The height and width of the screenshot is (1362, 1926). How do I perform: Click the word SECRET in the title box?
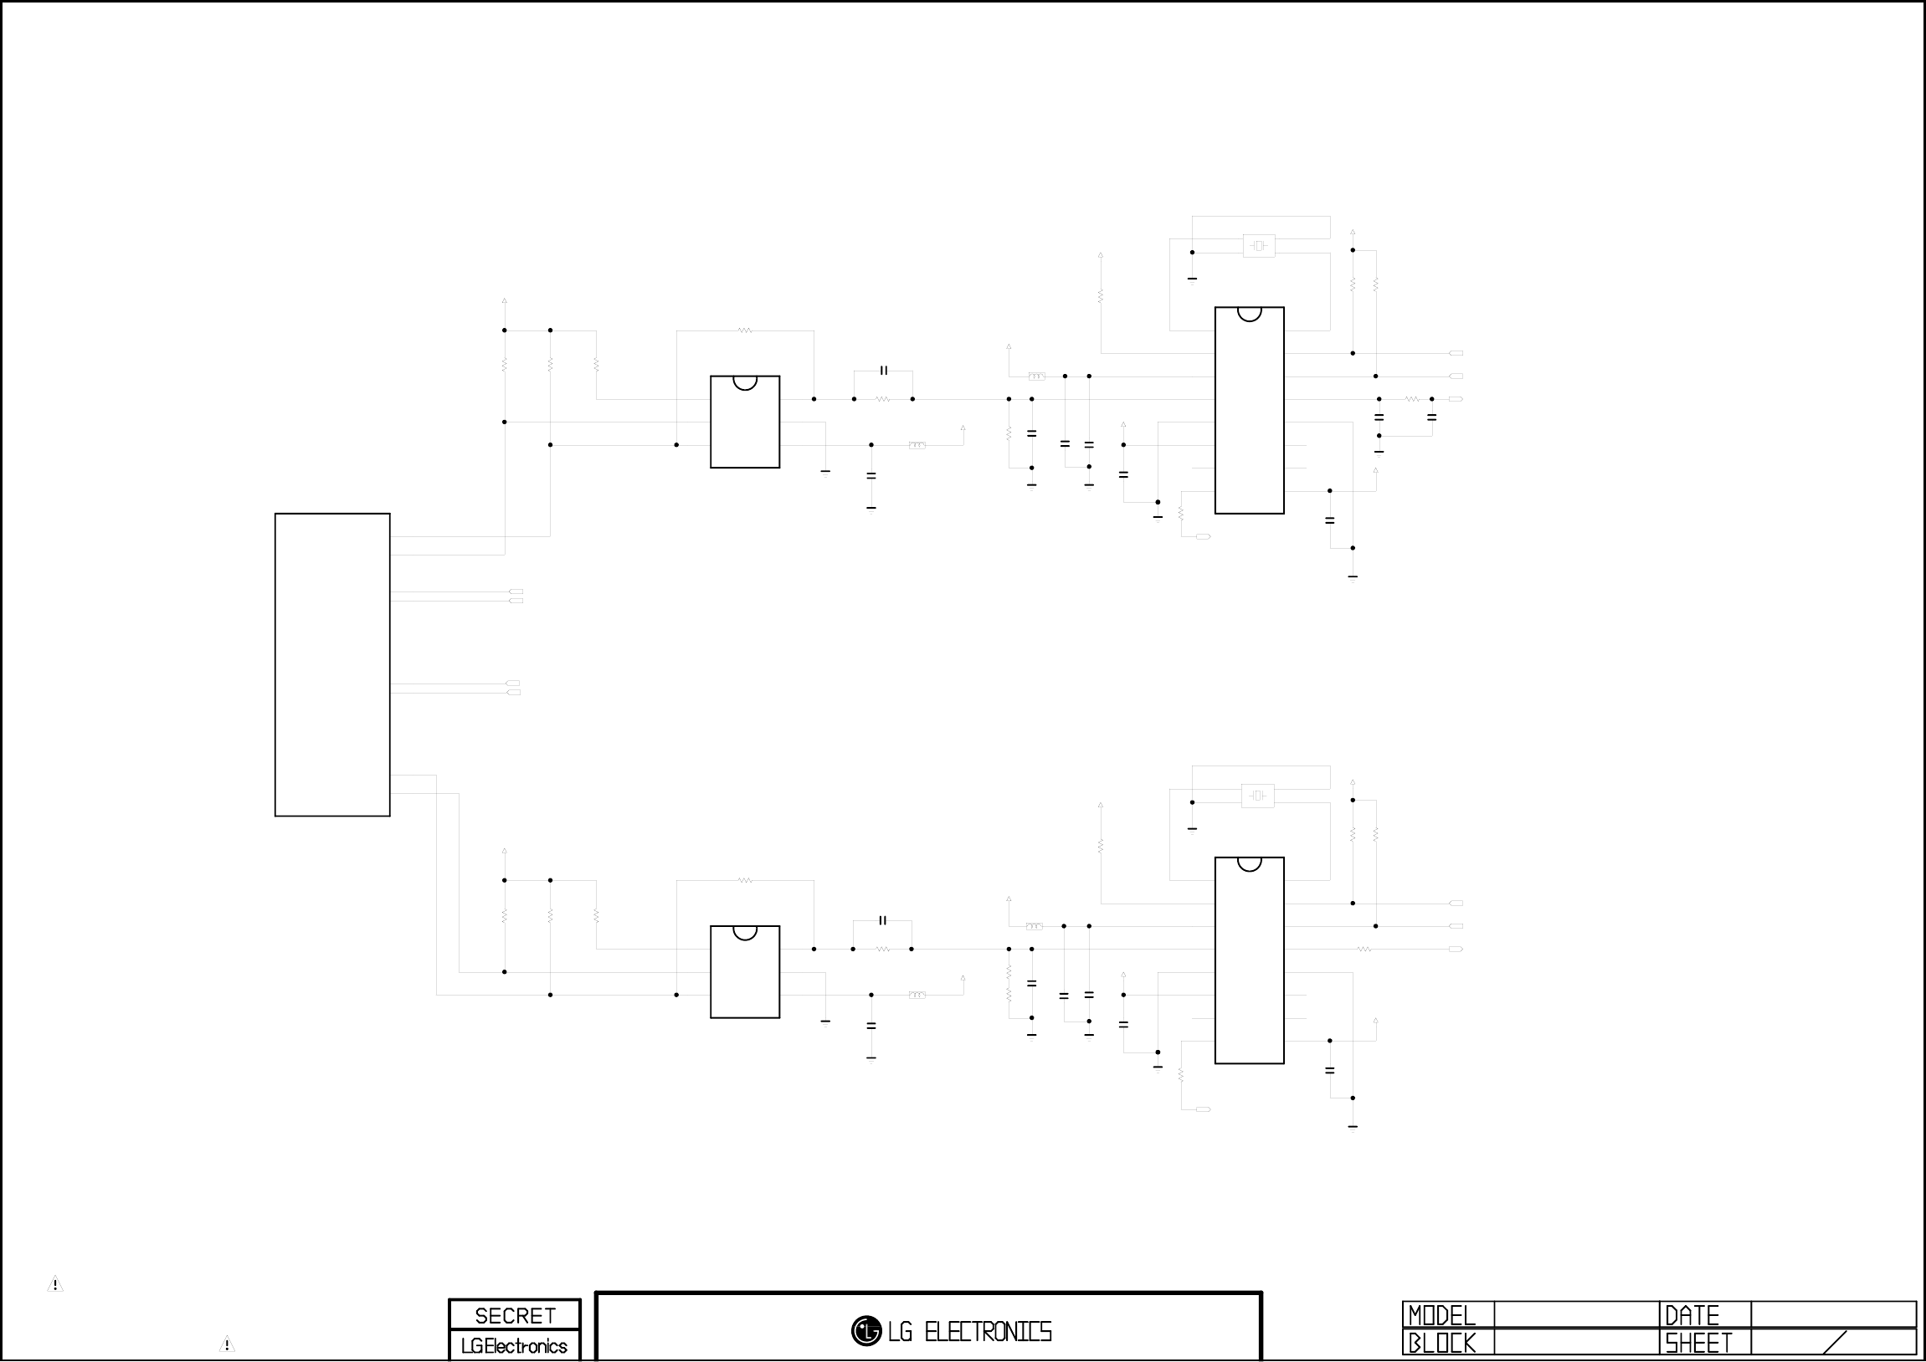(x=515, y=1315)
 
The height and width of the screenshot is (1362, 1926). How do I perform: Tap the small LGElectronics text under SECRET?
(x=514, y=1346)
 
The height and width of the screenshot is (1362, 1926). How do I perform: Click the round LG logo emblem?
(x=865, y=1331)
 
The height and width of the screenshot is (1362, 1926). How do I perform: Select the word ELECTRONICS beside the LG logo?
(x=988, y=1332)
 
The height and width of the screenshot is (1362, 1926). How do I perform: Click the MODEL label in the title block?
(x=1441, y=1315)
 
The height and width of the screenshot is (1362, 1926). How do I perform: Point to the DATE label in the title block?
(x=1692, y=1315)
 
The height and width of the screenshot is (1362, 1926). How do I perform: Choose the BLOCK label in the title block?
(x=1441, y=1344)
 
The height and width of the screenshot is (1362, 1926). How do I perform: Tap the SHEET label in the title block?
(x=1698, y=1344)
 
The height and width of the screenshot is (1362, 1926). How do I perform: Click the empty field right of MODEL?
(x=1576, y=1315)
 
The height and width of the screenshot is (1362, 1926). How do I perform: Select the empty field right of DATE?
(x=1833, y=1315)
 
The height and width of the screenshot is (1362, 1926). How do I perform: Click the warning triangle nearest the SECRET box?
(x=227, y=1344)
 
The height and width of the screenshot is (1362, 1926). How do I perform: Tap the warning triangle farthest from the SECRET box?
(x=55, y=1284)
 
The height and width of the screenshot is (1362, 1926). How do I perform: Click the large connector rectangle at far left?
(x=332, y=664)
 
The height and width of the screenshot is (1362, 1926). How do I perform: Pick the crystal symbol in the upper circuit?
(x=1258, y=246)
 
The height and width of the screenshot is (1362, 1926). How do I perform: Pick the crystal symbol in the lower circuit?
(x=1257, y=796)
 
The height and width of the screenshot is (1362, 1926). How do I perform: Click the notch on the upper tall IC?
(x=1249, y=314)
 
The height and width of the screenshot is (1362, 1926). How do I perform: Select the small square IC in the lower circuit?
(x=745, y=972)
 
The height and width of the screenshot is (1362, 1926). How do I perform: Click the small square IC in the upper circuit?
(x=745, y=422)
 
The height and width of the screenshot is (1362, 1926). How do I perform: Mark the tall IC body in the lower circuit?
(x=1249, y=961)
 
